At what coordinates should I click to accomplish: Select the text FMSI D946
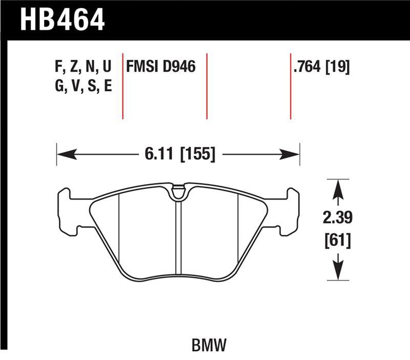pyautogui.click(x=161, y=67)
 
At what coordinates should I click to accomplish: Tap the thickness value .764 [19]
pyautogui.click(x=321, y=67)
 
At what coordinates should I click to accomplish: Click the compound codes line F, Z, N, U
pyautogui.click(x=83, y=67)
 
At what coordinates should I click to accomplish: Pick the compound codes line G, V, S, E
pyautogui.click(x=83, y=86)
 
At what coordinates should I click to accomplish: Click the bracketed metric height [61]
pyautogui.click(x=337, y=240)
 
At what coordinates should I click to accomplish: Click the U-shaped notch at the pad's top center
pyautogui.click(x=178, y=193)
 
